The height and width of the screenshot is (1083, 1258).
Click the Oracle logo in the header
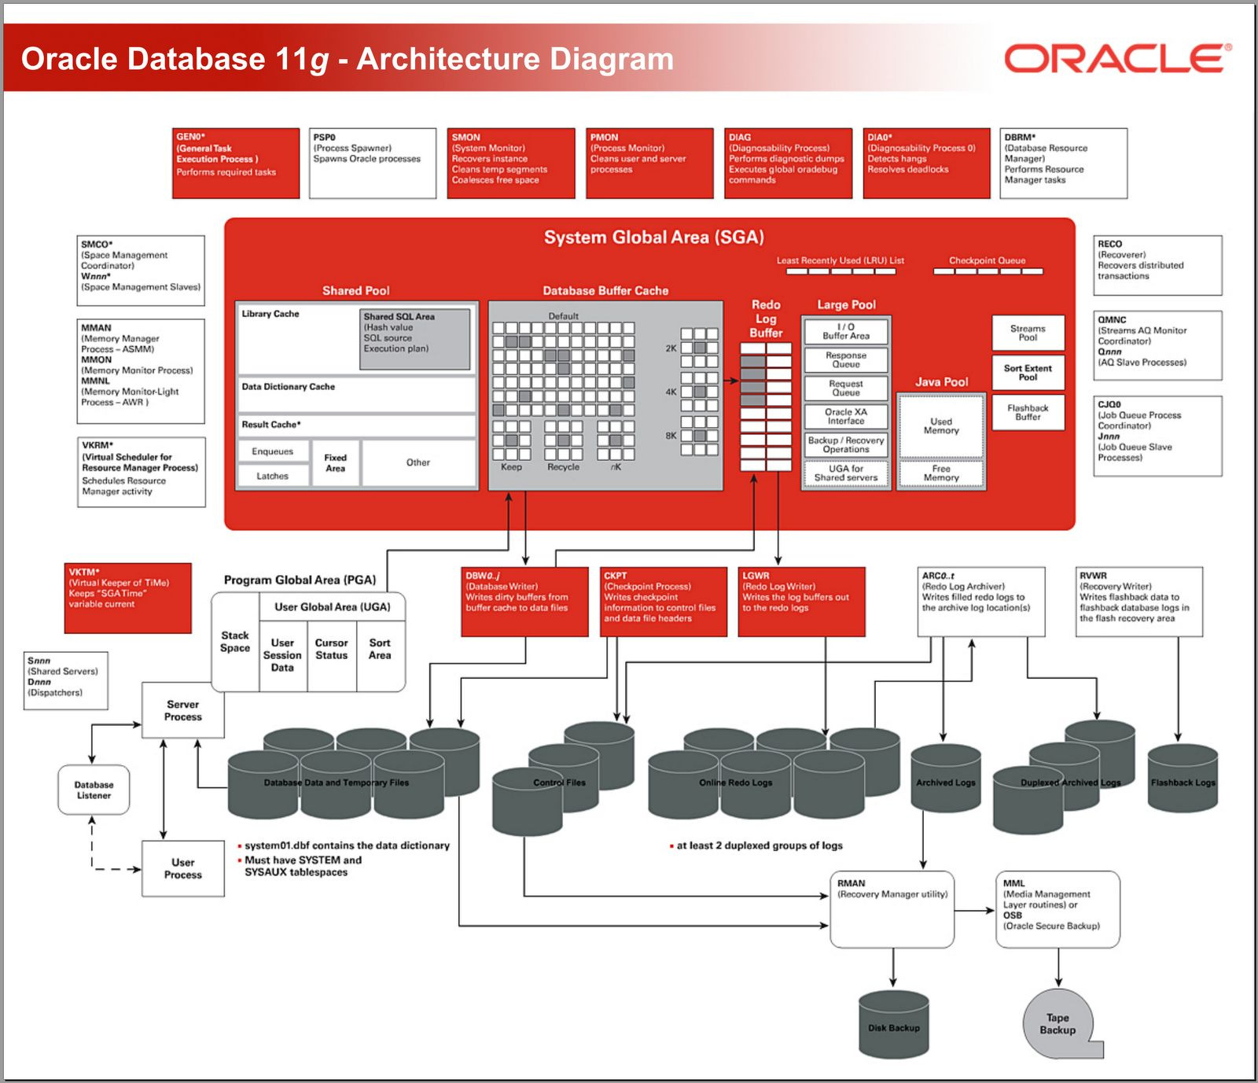tap(1116, 59)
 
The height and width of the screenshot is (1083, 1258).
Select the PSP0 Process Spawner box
tap(373, 163)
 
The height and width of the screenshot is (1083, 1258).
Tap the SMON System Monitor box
tap(511, 163)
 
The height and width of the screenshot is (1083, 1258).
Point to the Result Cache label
tap(271, 425)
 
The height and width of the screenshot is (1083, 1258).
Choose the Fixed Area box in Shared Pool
tap(335, 463)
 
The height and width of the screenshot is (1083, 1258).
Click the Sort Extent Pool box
tap(1028, 373)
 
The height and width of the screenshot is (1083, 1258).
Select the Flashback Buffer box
tap(1028, 412)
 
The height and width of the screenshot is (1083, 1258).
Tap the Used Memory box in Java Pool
tap(941, 426)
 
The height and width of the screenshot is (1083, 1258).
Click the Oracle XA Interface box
tap(846, 416)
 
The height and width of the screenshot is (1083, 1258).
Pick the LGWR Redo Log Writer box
tap(802, 602)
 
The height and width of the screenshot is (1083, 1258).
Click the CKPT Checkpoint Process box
tap(664, 602)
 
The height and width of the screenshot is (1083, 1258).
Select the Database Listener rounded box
tap(94, 790)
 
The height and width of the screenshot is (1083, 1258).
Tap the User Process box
tap(182, 868)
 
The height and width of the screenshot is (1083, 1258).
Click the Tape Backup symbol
tap(1058, 1024)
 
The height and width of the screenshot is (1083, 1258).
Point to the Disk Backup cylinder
tap(894, 1024)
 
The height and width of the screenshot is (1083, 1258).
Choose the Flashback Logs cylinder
tap(1183, 779)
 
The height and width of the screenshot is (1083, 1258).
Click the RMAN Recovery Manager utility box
tap(892, 908)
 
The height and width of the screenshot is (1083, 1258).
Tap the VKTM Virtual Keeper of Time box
tap(128, 598)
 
